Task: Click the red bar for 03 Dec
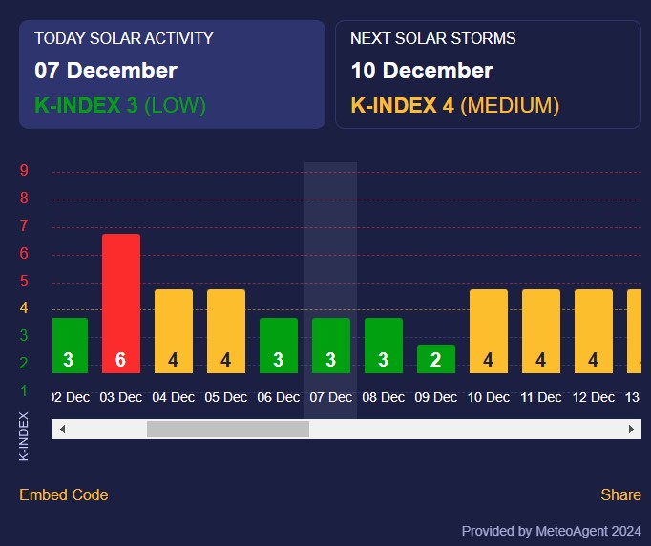tap(121, 296)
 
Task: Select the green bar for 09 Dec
tap(436, 359)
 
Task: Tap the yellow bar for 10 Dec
tap(489, 329)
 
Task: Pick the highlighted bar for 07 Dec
tap(331, 344)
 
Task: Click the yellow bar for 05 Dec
tap(226, 329)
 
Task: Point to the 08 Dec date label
tap(384, 397)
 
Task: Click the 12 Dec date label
tap(594, 397)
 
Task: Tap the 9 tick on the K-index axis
tap(24, 171)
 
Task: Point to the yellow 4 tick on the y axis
tap(24, 308)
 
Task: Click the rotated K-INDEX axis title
tap(24, 436)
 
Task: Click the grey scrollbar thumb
tap(228, 430)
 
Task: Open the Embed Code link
tap(64, 494)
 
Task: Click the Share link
tap(620, 494)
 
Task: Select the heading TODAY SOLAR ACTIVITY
tap(124, 39)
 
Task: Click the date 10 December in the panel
tap(422, 71)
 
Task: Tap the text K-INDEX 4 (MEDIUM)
tap(455, 105)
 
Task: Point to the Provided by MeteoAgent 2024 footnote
tap(552, 531)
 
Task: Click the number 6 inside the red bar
tap(121, 360)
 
